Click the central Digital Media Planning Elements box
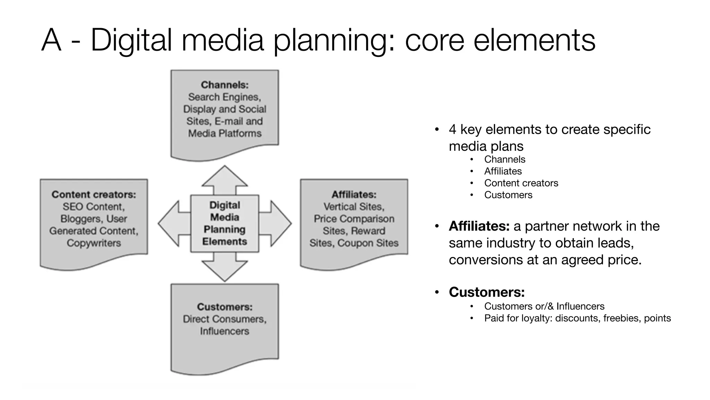tap(225, 223)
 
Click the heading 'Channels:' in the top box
tap(225, 85)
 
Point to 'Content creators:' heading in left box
tap(94, 194)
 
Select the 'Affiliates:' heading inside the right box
tap(354, 194)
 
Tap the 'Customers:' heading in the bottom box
tap(225, 307)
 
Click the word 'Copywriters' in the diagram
tap(94, 243)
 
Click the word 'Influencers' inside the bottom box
tap(225, 331)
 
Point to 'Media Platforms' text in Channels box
tap(225, 133)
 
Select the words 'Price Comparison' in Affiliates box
tap(354, 219)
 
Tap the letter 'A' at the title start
tap(51, 41)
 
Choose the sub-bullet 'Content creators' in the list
tap(521, 183)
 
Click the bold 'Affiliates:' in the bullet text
tap(479, 226)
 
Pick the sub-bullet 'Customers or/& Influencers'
tap(544, 306)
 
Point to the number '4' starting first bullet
tap(452, 130)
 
